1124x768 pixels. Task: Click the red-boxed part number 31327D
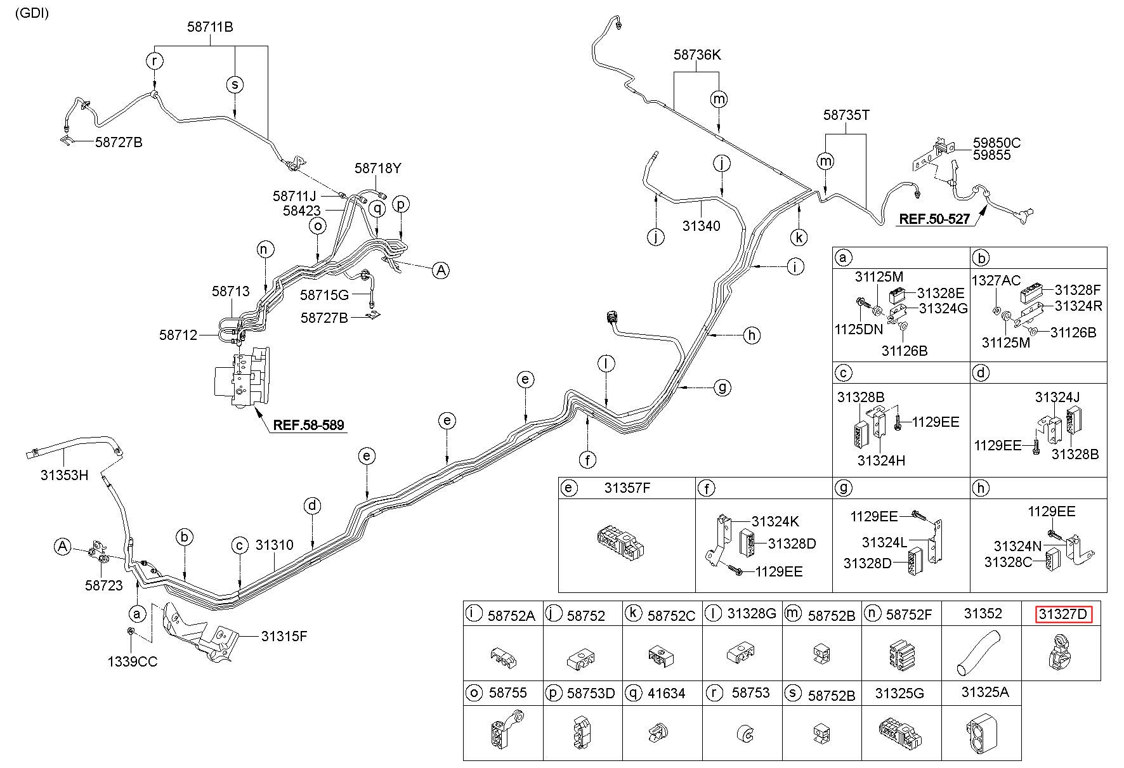[x=1064, y=615]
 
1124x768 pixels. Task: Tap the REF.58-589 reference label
[x=309, y=424]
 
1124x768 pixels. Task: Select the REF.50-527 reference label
[x=934, y=219]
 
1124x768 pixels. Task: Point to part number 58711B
[x=210, y=27]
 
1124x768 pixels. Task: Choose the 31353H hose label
[x=64, y=474]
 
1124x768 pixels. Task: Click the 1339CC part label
[x=132, y=661]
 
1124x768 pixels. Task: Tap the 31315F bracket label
[x=284, y=635]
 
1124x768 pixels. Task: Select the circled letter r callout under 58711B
[x=155, y=61]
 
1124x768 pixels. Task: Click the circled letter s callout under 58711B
[x=235, y=84]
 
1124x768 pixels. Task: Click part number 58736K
[x=697, y=55]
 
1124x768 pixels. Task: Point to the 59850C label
[x=997, y=143]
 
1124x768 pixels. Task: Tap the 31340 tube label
[x=702, y=226]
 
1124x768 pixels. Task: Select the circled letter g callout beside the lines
[x=722, y=386]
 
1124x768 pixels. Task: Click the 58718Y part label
[x=378, y=168]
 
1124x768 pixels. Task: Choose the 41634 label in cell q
[x=667, y=693]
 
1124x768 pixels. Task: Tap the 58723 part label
[x=104, y=585]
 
